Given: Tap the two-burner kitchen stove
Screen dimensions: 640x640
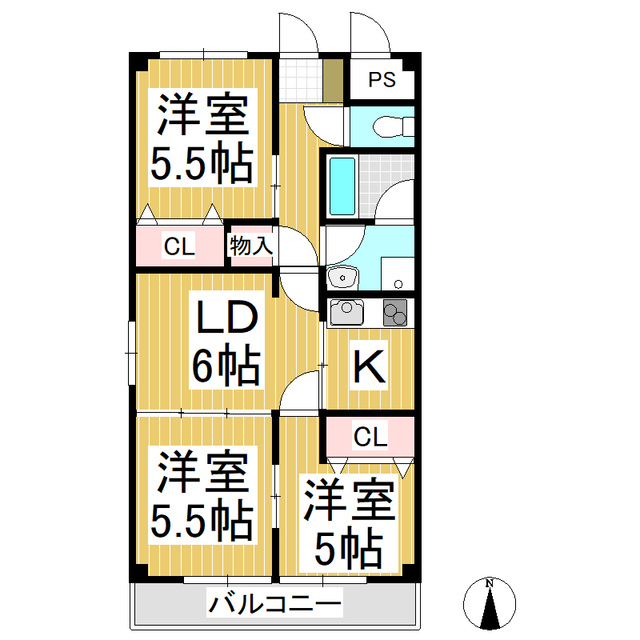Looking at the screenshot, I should coord(395,313).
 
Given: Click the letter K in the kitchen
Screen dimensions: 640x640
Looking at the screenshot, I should coord(367,369).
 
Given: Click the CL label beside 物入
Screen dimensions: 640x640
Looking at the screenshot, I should coord(180,246).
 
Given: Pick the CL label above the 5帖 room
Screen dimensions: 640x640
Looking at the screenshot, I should coord(370,436).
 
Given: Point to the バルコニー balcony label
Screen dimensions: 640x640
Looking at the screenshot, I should coord(275,604).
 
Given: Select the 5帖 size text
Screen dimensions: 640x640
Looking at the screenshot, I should coord(349,546).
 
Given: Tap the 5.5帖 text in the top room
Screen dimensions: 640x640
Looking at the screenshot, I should coord(200,163).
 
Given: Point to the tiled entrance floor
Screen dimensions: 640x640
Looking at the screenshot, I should coord(296,80).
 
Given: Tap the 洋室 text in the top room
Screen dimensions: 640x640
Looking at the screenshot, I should coord(200,116).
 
